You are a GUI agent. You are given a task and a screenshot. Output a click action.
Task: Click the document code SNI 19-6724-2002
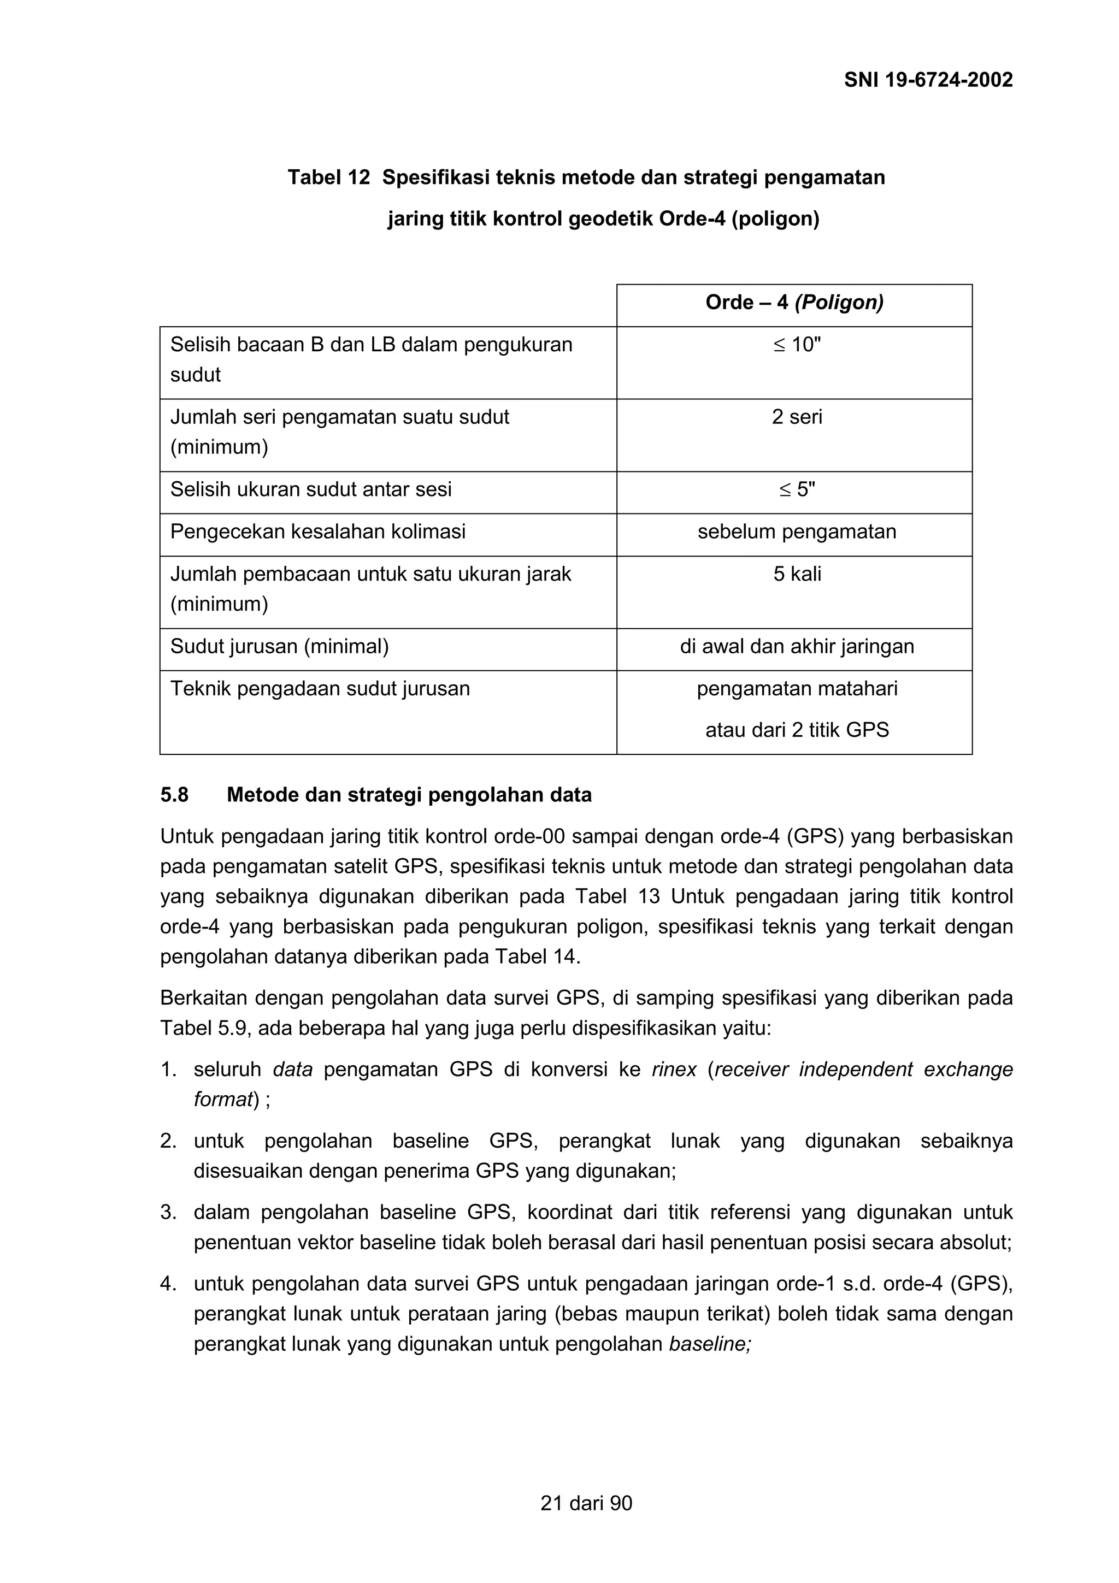click(x=928, y=80)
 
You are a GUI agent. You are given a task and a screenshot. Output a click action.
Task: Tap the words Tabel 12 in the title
click(x=328, y=178)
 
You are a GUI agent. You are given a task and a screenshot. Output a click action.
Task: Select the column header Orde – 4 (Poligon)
click(x=794, y=303)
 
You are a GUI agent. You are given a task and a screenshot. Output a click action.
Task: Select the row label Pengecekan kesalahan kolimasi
click(x=318, y=532)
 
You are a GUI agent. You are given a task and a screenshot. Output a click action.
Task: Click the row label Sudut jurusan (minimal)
click(x=279, y=647)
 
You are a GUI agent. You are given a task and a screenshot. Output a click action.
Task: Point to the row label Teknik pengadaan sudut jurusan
click(x=320, y=689)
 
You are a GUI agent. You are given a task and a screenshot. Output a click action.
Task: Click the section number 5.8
click(x=174, y=796)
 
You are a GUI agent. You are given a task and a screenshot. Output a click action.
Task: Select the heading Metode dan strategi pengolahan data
click(x=409, y=796)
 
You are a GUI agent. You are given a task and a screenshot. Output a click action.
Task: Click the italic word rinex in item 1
click(x=674, y=1070)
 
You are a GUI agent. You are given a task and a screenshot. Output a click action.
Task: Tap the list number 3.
click(x=168, y=1213)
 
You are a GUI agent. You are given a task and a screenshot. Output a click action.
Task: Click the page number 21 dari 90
click(x=586, y=1504)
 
